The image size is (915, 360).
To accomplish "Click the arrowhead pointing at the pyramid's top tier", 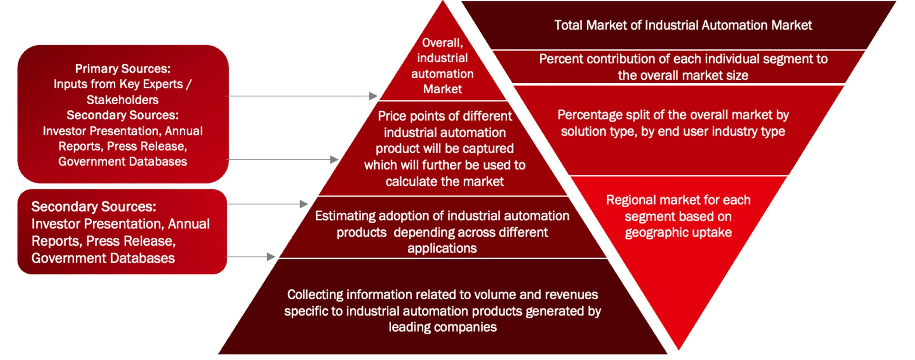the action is point(373,96).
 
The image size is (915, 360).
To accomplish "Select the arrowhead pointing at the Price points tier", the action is point(334,160).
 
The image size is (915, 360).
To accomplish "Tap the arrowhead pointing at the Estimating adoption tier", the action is point(304,204).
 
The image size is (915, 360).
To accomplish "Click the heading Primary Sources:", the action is point(123,69).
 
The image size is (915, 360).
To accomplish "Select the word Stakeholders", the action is point(123,100).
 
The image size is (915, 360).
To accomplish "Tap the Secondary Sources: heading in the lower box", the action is point(94,207).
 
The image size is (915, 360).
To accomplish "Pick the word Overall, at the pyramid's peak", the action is point(443,43).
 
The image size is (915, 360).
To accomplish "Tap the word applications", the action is point(442,248).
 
